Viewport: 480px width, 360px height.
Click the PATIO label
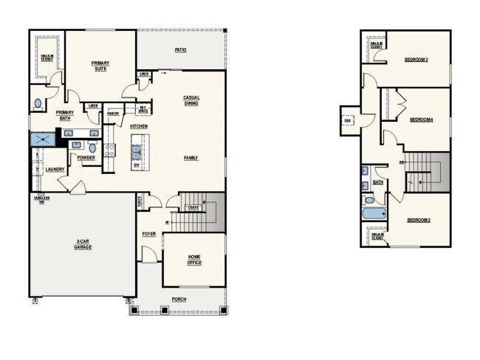179,50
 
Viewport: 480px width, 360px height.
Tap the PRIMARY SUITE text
100,66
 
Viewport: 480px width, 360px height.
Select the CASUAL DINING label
192,101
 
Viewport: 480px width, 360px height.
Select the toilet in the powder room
93,148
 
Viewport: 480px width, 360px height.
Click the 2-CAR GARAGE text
83,244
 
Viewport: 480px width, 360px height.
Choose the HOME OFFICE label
193,260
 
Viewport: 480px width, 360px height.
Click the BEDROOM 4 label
421,119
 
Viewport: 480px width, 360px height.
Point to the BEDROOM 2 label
419,221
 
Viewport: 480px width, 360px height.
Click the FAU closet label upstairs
346,120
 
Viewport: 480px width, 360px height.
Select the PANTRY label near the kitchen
113,114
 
